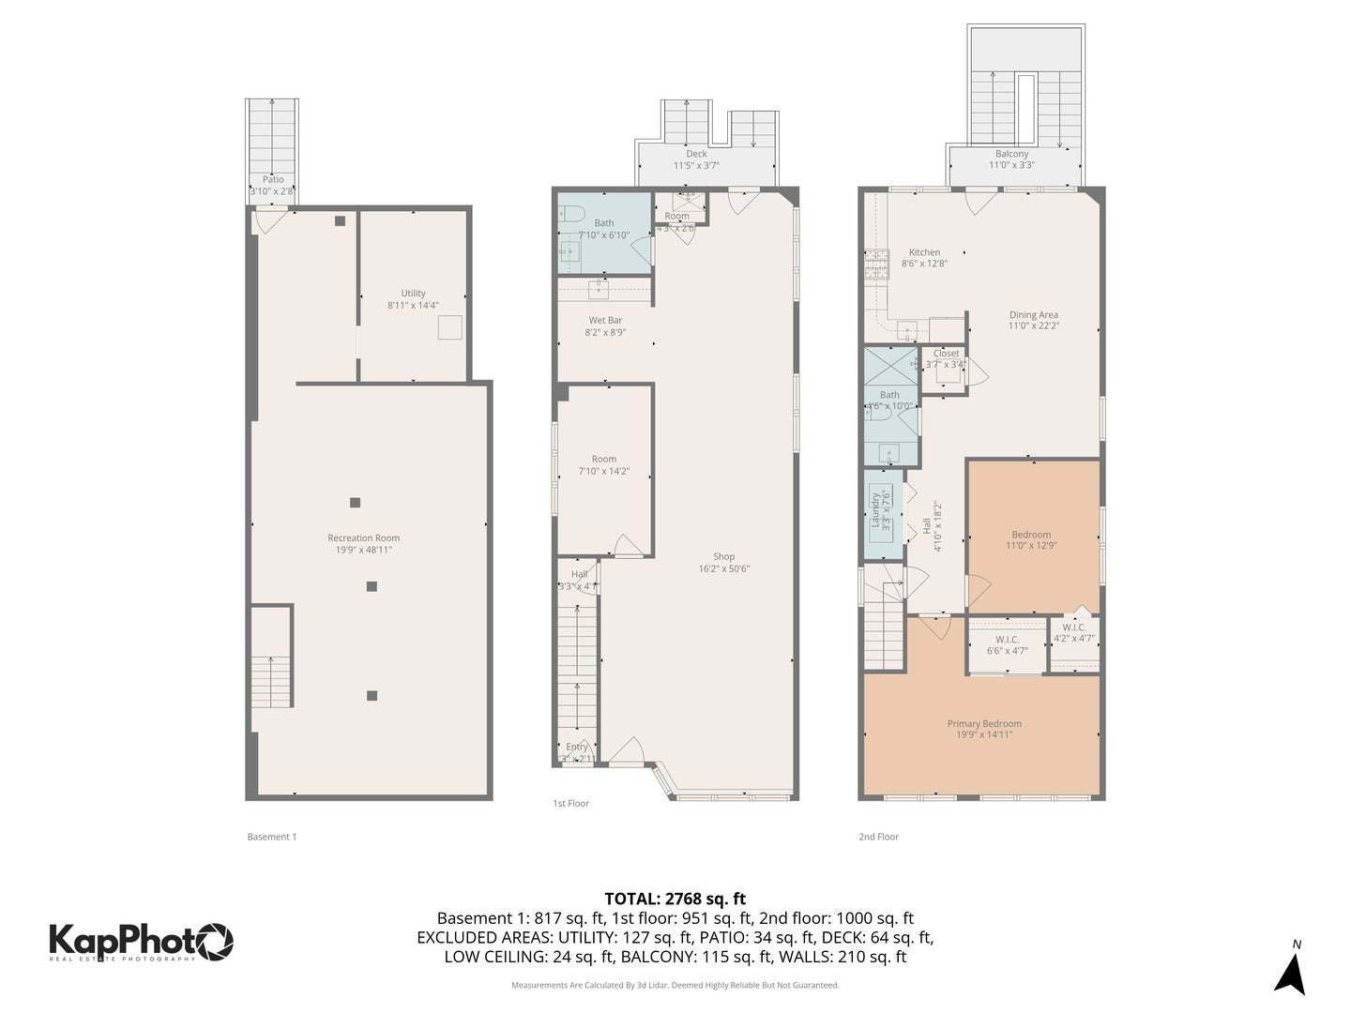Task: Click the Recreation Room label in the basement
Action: (363, 538)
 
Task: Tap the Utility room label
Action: (413, 294)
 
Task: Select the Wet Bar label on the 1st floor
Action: (605, 321)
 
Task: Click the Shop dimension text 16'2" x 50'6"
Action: (723, 568)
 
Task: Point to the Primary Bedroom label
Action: (984, 724)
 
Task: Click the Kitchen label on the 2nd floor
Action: (924, 252)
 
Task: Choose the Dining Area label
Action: (1033, 315)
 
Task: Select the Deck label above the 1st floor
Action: (696, 154)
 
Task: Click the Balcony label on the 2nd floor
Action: (1011, 154)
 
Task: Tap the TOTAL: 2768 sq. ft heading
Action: (675, 899)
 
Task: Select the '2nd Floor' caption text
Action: (878, 837)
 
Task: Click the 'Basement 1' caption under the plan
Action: (271, 837)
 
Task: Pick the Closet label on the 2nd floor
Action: (946, 354)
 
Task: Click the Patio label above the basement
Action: (273, 180)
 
